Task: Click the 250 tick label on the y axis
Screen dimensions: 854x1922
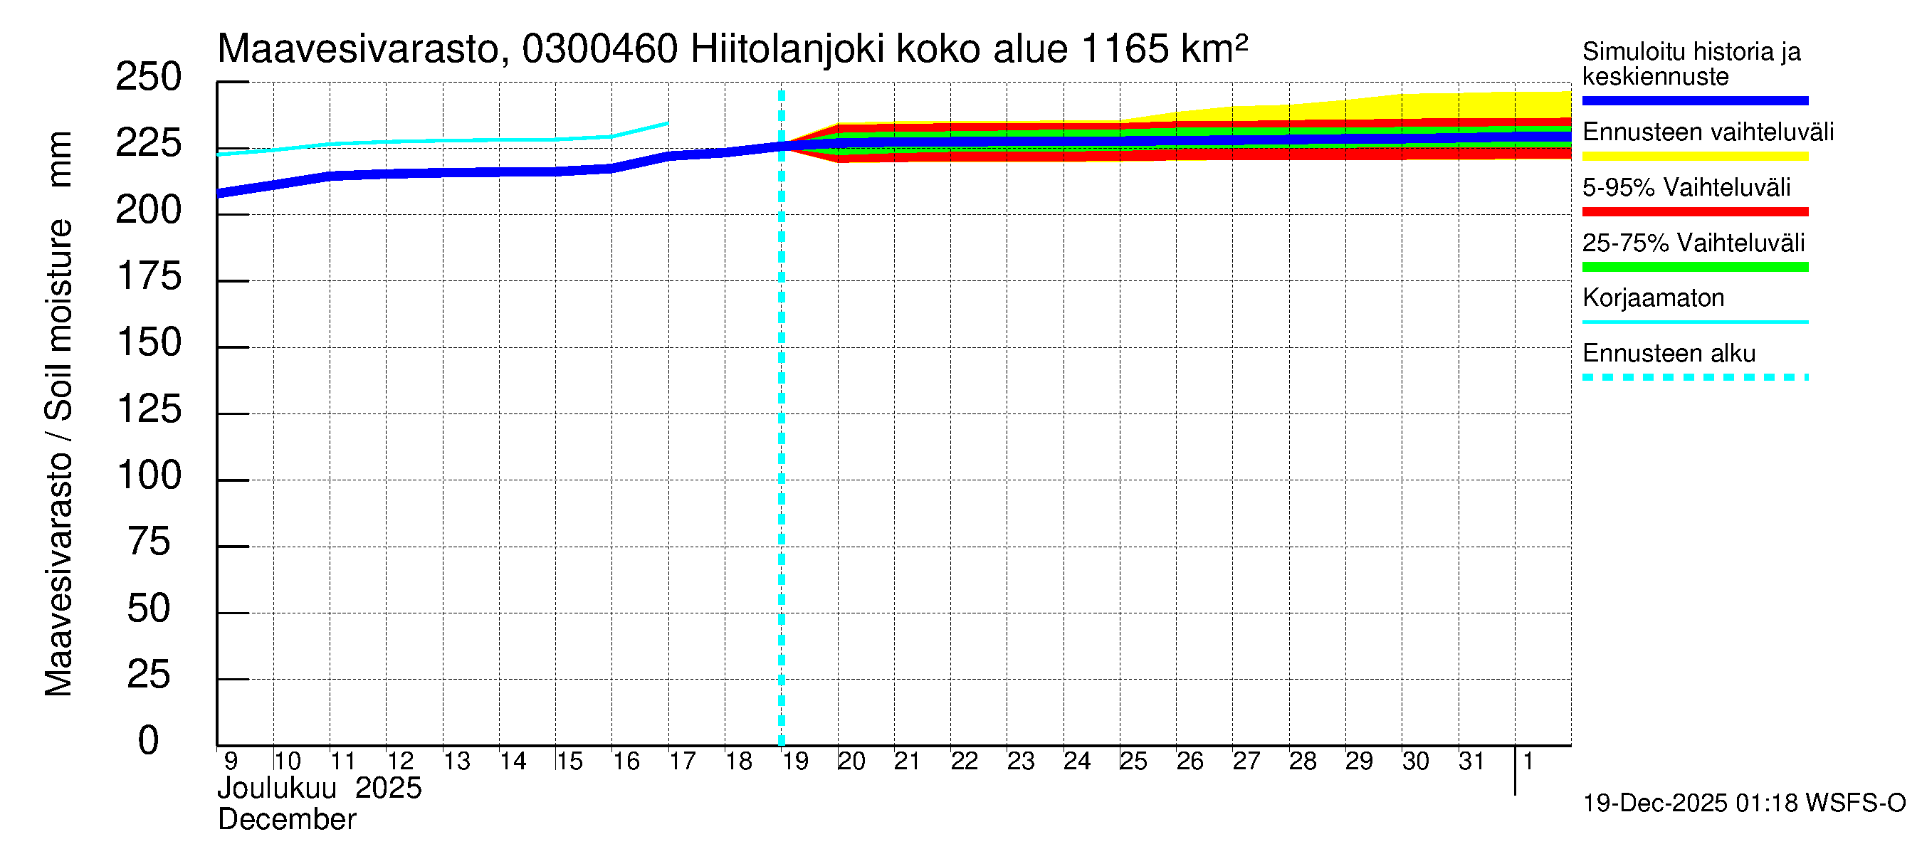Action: coord(148,78)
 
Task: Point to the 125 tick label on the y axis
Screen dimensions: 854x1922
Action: coord(149,409)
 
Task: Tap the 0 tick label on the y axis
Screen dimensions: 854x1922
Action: coord(148,741)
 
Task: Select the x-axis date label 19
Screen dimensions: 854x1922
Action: coord(795,761)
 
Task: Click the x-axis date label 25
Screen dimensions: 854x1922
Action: coord(1133,761)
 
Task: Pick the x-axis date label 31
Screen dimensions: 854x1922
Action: coord(1471,761)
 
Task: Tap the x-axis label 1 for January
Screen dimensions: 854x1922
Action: coord(1528,761)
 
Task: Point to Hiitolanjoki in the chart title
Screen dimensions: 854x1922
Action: coord(787,49)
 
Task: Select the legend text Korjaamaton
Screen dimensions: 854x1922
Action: coord(1654,298)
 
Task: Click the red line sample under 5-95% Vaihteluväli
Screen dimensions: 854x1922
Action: coord(1694,212)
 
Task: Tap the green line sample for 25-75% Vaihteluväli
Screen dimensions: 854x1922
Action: coord(1694,267)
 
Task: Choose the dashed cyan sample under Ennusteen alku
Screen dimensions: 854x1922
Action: coord(1694,377)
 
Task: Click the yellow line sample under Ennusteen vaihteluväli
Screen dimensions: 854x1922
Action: coord(1694,157)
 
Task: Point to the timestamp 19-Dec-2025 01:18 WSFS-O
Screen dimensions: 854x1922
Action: coord(1743,803)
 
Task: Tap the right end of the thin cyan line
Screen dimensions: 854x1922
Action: coord(668,123)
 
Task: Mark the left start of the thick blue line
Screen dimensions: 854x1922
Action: coord(219,193)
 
